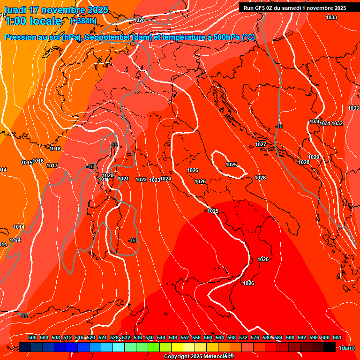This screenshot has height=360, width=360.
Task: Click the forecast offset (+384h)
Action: point(83,21)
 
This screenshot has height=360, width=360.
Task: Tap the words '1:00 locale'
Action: point(33,21)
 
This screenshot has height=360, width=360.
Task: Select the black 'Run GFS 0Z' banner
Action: point(294,7)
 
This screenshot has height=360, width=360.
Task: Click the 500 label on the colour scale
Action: point(32,337)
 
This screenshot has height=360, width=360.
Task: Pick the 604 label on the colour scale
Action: point(337,337)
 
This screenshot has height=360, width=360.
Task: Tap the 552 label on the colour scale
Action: point(185,337)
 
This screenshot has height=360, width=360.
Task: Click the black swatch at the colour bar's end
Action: point(330,347)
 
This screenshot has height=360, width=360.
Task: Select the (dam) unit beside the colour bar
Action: point(347,348)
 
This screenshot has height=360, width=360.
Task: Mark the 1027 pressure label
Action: point(261,144)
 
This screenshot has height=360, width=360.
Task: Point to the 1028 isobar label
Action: point(304,162)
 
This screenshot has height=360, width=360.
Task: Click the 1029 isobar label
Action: point(314,157)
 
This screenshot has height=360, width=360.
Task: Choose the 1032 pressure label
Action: point(337,123)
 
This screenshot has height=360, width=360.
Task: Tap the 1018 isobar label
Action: point(55,149)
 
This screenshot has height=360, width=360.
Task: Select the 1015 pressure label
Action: point(27,163)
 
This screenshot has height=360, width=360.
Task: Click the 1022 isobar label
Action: point(141,180)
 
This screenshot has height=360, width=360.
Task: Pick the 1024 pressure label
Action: point(165,179)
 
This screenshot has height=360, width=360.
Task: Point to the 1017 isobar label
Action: point(52,165)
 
